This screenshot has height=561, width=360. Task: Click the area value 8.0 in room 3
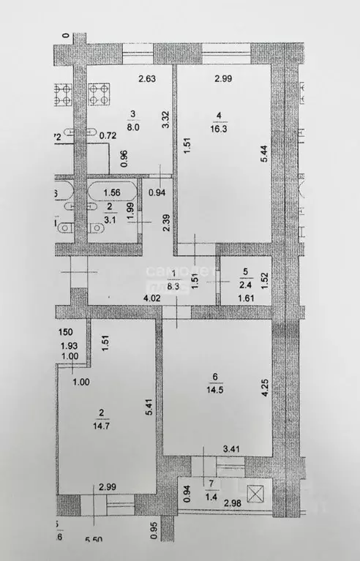tap(133, 125)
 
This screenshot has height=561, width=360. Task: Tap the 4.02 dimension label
tap(151, 298)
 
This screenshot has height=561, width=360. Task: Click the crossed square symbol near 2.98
tap(257, 494)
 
